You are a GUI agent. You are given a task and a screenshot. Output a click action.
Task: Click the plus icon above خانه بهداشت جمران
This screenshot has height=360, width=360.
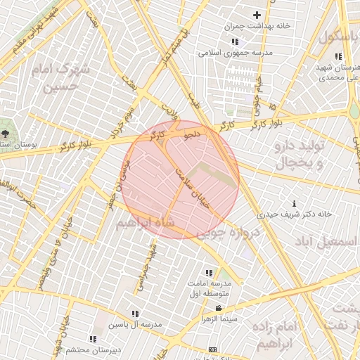[x=257, y=15]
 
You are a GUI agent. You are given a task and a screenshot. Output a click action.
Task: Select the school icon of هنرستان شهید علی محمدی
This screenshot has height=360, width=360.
[x=338, y=56]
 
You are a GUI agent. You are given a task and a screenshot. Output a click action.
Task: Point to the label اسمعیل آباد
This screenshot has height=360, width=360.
[x=324, y=243]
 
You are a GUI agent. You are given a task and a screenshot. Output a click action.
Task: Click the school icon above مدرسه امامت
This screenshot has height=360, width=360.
[x=209, y=272]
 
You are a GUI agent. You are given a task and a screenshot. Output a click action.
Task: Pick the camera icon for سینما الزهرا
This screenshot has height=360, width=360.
[x=219, y=309]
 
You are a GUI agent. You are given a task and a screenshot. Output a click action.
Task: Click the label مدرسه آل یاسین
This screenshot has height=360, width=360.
[x=136, y=325]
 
